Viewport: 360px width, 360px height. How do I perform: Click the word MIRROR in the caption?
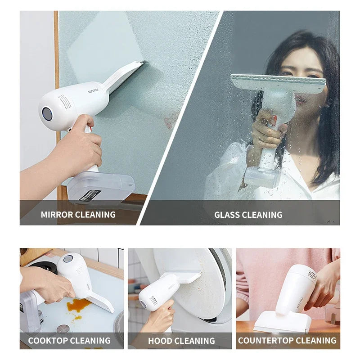point(58,215)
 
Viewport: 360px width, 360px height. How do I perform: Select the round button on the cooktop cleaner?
point(68,259)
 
